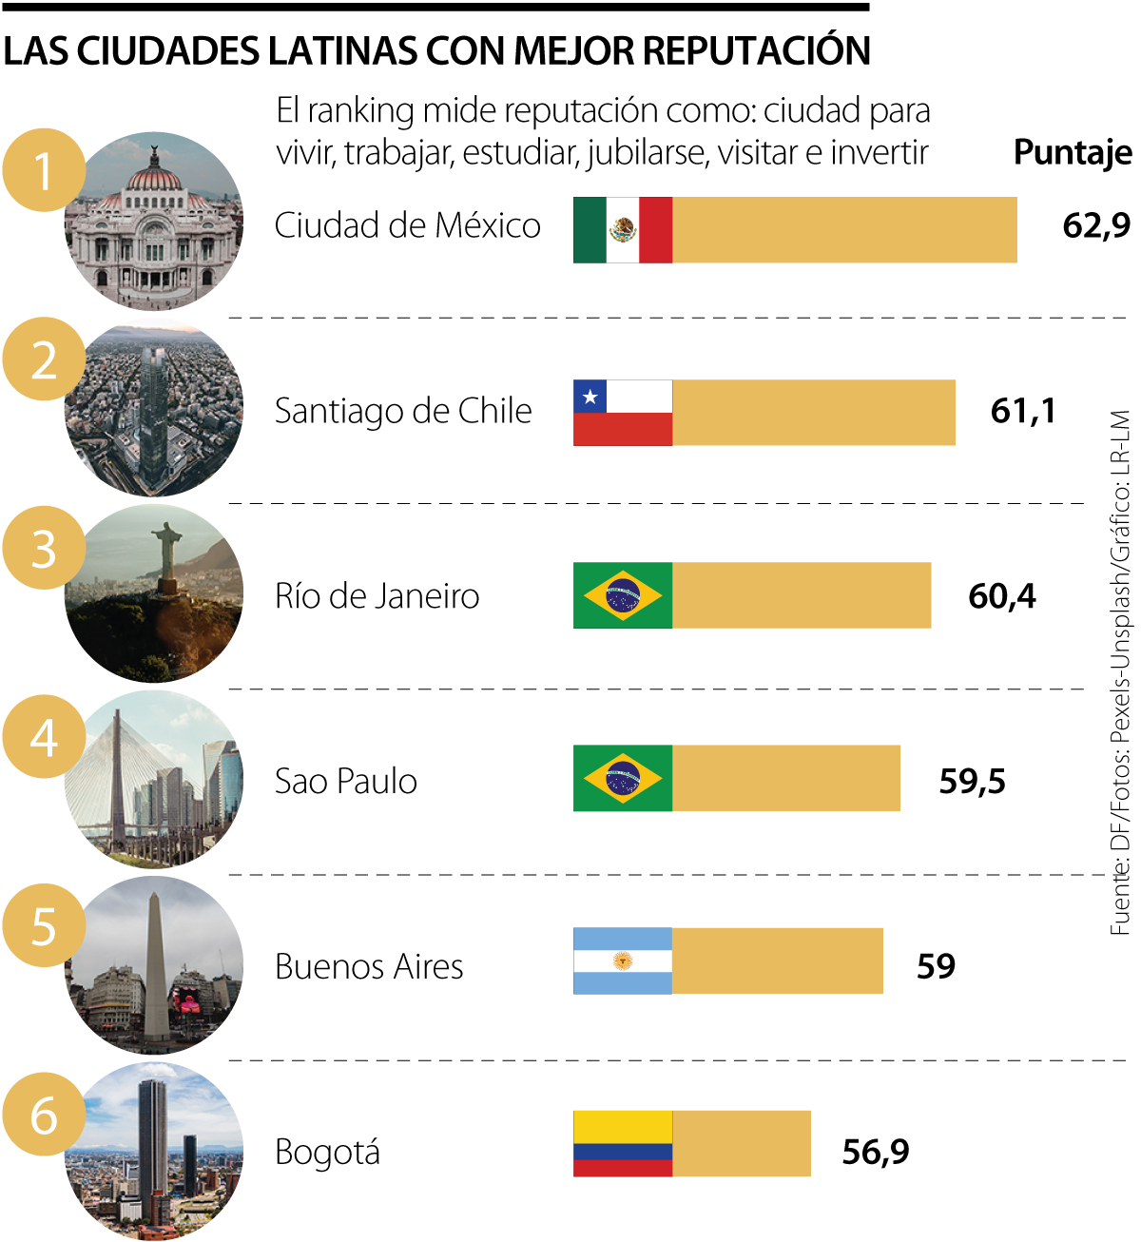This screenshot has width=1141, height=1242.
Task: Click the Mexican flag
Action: click(623, 230)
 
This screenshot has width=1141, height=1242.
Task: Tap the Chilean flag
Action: click(623, 413)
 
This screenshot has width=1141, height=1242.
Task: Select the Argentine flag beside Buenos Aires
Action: click(623, 961)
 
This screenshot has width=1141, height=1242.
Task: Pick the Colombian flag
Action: click(623, 1144)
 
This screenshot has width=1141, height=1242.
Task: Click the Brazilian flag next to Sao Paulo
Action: click(623, 778)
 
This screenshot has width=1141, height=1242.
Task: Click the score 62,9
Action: click(1096, 225)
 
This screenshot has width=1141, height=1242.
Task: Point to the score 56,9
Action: click(876, 1152)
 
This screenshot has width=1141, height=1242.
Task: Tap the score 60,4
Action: click(1002, 596)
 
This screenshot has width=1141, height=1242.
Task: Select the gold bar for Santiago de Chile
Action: click(813, 413)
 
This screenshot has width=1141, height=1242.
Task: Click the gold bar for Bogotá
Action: click(741, 1144)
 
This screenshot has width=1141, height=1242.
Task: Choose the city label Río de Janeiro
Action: click(377, 596)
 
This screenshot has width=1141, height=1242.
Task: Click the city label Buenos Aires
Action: click(369, 967)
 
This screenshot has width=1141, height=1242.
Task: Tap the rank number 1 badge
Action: click(44, 171)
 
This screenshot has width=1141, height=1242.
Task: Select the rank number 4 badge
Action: click(44, 738)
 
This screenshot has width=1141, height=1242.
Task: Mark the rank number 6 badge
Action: click(44, 1116)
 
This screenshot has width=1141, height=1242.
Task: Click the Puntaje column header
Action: click(1073, 152)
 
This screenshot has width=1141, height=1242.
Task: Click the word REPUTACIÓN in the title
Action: click(757, 51)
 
